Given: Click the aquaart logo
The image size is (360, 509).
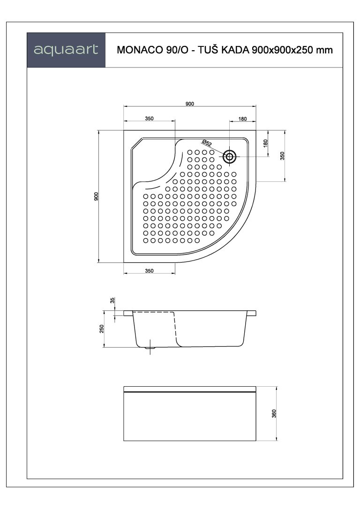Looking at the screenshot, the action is tap(66, 50).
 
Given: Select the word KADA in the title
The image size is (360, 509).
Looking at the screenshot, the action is tap(235, 50).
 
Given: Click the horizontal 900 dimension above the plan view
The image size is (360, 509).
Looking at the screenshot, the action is tap(189, 104).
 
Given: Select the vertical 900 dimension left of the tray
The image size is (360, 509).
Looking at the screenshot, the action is tap(96, 196).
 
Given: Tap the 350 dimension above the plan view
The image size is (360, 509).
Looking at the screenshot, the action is tap(149, 119).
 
